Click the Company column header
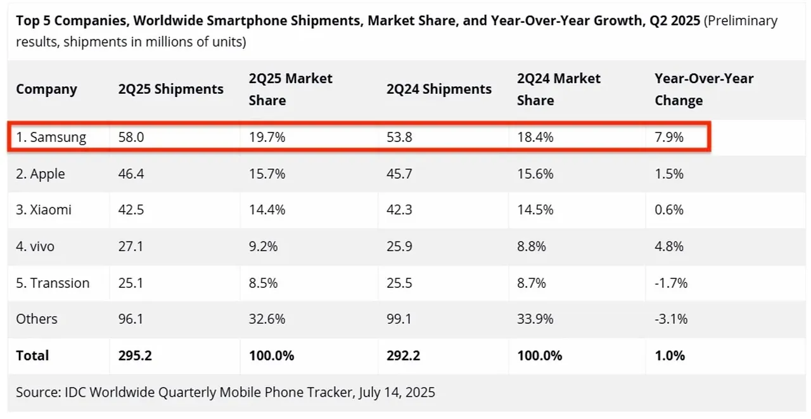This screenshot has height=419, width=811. [46, 89]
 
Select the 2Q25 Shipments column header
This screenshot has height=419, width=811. [170, 89]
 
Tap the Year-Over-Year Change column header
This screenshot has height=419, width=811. [703, 89]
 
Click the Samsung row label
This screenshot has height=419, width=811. [51, 137]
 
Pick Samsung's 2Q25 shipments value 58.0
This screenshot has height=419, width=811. [131, 137]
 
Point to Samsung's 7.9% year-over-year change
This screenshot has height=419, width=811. [669, 137]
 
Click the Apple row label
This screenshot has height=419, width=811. [41, 174]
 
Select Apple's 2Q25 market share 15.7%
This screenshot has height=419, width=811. [263, 174]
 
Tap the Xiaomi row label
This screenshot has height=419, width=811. [44, 210]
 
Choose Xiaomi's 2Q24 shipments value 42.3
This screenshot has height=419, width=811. [399, 210]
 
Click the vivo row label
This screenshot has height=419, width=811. [35, 246]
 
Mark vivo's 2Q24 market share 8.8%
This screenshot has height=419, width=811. [532, 246]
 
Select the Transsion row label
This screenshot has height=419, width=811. [53, 283]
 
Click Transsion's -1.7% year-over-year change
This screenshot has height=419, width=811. [671, 283]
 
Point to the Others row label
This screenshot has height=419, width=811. [37, 319]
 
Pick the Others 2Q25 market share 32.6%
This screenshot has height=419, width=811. [263, 319]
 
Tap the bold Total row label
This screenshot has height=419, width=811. [32, 356]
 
